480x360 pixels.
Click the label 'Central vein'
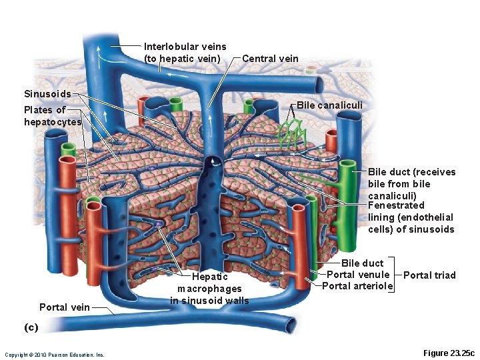point(270,59)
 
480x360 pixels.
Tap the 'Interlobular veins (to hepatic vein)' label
point(185,53)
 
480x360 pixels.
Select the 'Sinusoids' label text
point(47,94)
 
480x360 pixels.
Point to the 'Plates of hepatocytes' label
point(52,116)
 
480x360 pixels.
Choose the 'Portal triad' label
point(429,275)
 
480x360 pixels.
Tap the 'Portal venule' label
point(358,275)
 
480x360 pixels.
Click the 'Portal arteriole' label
point(357,287)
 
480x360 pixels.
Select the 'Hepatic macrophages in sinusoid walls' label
point(209,289)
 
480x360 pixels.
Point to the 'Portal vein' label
point(64,307)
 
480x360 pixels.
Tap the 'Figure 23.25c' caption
point(449,353)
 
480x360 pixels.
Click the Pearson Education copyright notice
point(54,354)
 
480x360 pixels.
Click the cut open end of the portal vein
point(290,325)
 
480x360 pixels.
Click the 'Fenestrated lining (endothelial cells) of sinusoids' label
point(411,217)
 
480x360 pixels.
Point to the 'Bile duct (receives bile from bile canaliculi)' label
point(411,184)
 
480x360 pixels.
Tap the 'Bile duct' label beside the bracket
point(362,263)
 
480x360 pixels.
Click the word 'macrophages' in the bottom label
point(209,289)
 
